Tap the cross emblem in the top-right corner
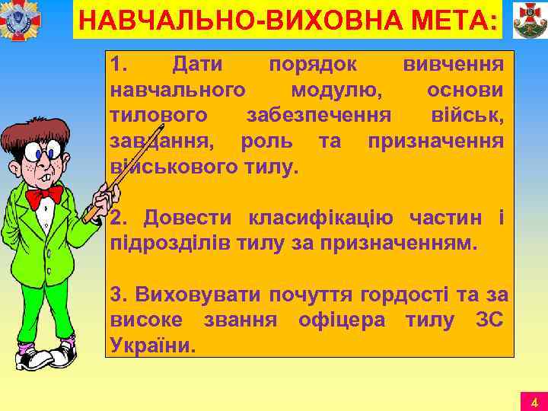pos(526,21)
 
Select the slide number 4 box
pos(534,402)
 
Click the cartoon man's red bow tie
pos(43,196)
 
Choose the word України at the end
pos(153,345)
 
